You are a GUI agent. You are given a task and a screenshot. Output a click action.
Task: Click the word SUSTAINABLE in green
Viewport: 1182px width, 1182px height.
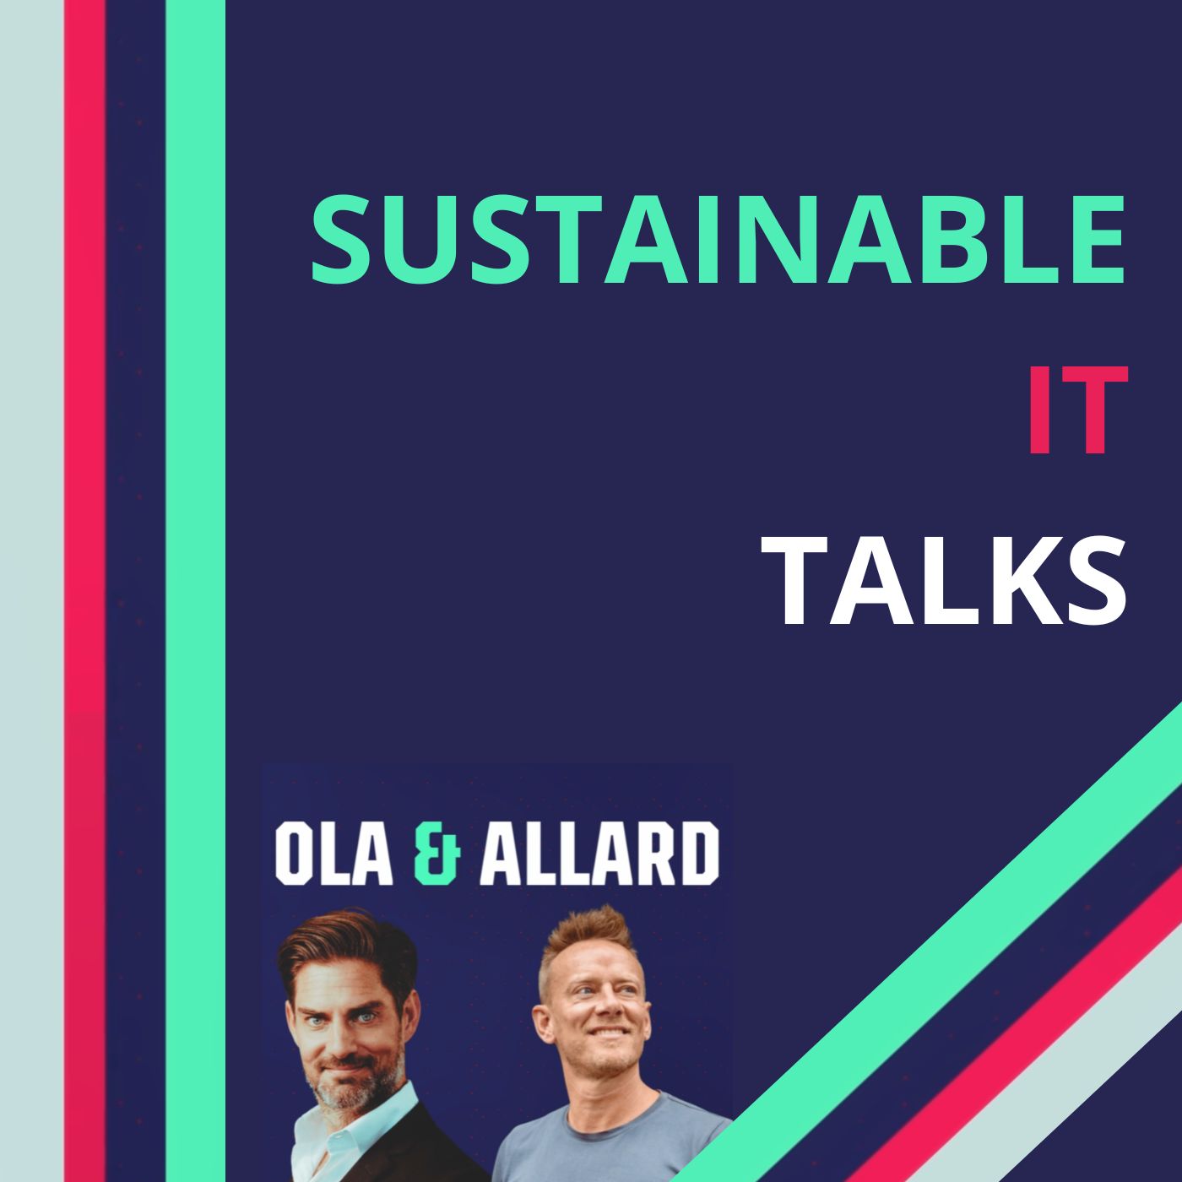[718, 239]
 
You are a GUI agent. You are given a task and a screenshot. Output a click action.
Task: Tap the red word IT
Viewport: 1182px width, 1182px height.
[1077, 409]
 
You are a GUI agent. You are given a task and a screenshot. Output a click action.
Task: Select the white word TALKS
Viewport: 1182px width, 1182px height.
[943, 580]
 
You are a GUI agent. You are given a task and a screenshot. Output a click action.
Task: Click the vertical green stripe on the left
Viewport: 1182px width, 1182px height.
[196, 591]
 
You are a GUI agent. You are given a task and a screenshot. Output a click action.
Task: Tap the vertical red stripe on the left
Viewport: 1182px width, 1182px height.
[84, 591]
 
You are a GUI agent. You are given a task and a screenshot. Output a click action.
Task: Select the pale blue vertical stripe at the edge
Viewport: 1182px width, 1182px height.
[31, 591]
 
